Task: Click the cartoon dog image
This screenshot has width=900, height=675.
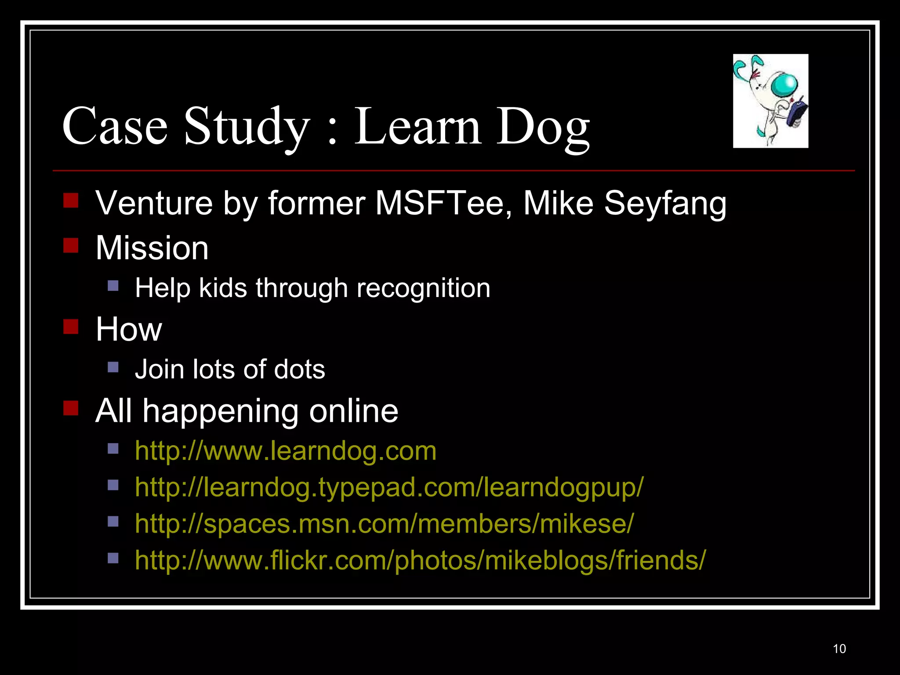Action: [770, 101]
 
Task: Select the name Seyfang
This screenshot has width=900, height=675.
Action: [665, 203]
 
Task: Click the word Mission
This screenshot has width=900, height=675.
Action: [152, 248]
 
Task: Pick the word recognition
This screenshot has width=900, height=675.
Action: [423, 288]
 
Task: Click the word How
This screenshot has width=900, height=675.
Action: [129, 329]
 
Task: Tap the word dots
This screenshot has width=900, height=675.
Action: [299, 369]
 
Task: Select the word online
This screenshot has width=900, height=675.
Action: [353, 411]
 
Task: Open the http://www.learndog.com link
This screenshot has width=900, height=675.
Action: [286, 451]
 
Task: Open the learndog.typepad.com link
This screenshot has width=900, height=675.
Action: [389, 487]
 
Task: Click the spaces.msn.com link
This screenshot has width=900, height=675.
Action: [384, 524]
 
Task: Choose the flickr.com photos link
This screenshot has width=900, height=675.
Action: [420, 560]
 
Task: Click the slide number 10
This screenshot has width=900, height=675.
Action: [839, 649]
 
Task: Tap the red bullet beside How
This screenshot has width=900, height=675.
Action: [71, 327]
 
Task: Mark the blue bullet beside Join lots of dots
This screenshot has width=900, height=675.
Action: [113, 367]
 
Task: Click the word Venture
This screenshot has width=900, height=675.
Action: [154, 203]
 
